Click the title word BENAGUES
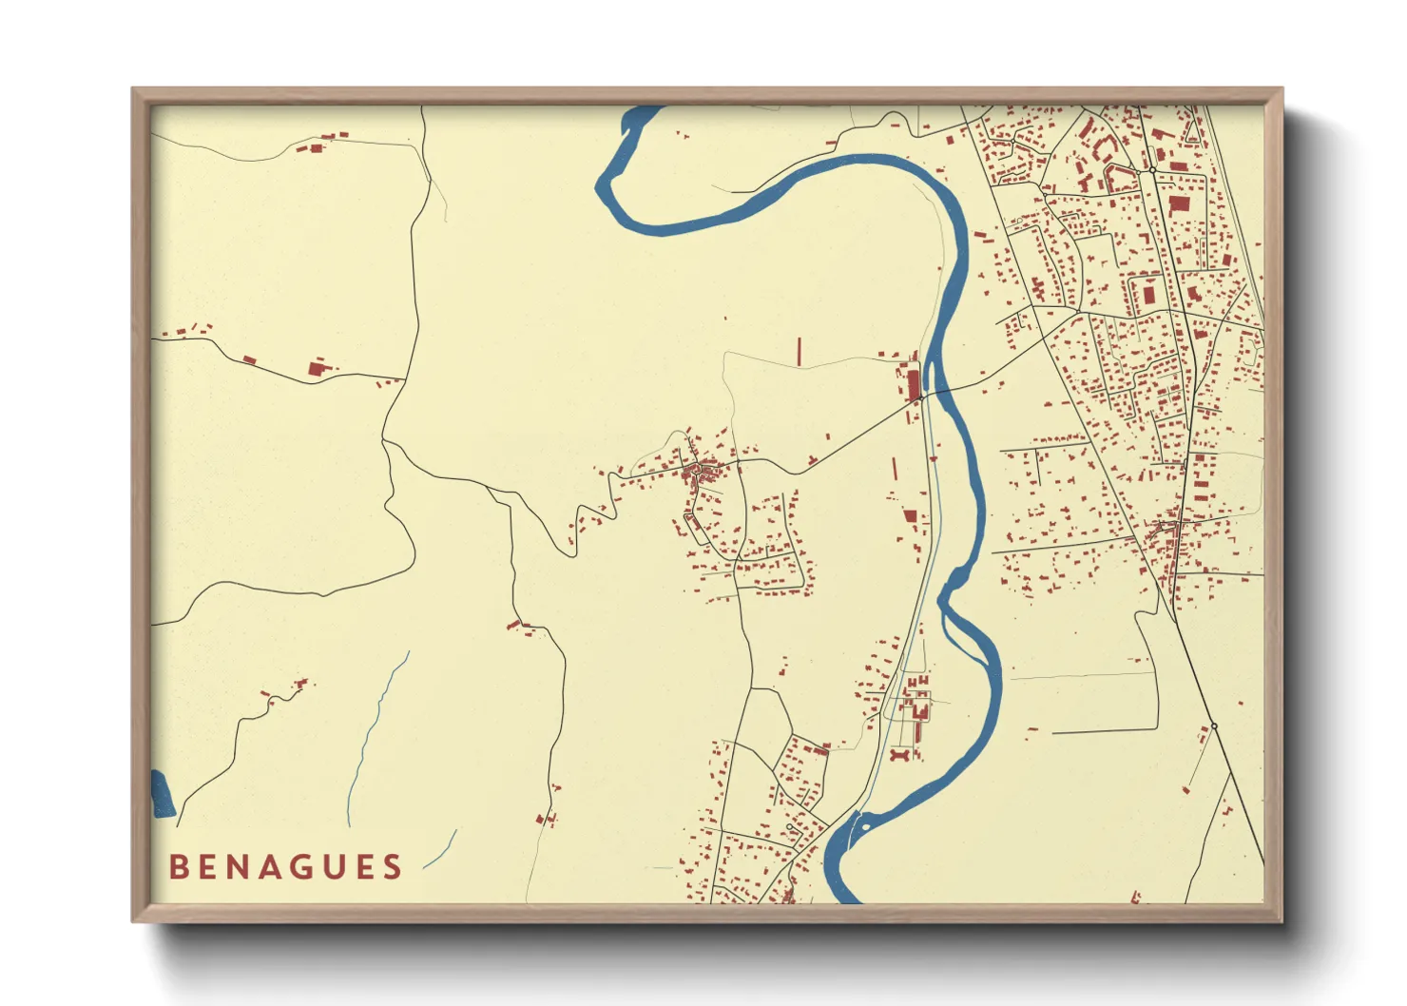point(285,867)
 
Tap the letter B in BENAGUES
point(178,867)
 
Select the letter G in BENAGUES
point(301,867)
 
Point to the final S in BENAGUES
point(393,867)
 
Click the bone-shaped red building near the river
point(900,755)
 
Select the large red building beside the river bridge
point(914,383)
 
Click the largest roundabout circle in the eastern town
point(1152,170)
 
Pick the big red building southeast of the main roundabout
point(1179,203)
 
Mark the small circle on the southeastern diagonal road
point(1214,725)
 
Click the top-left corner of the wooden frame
point(134,90)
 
